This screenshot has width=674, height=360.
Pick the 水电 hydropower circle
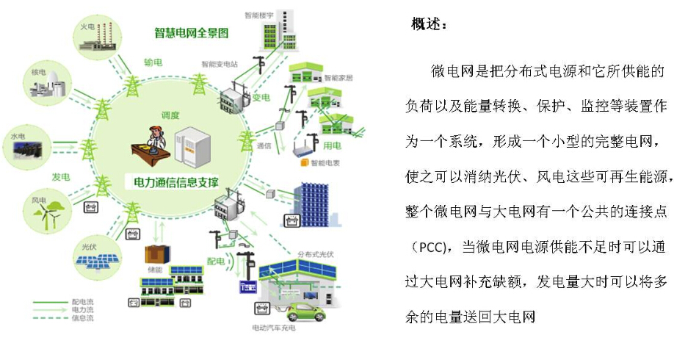[x=25, y=147]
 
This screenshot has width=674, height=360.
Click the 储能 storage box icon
[x=156, y=254]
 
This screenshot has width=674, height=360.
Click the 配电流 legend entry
[x=83, y=301]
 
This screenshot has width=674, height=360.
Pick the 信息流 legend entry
[x=83, y=318]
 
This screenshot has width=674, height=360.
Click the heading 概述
[x=428, y=24]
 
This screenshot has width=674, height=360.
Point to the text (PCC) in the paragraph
[x=425, y=246]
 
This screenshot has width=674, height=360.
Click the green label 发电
[x=60, y=177]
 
